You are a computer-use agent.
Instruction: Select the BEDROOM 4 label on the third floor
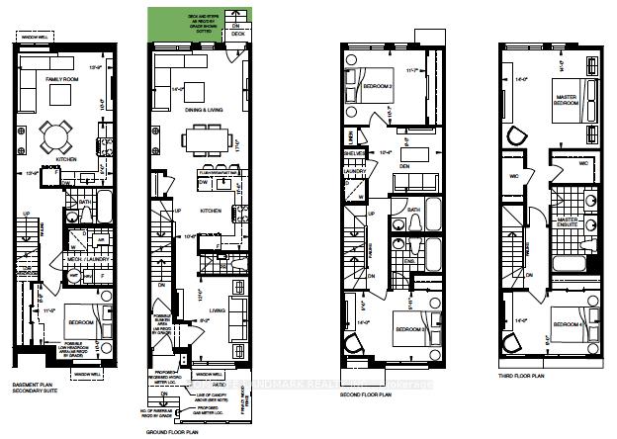(x=567, y=324)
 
